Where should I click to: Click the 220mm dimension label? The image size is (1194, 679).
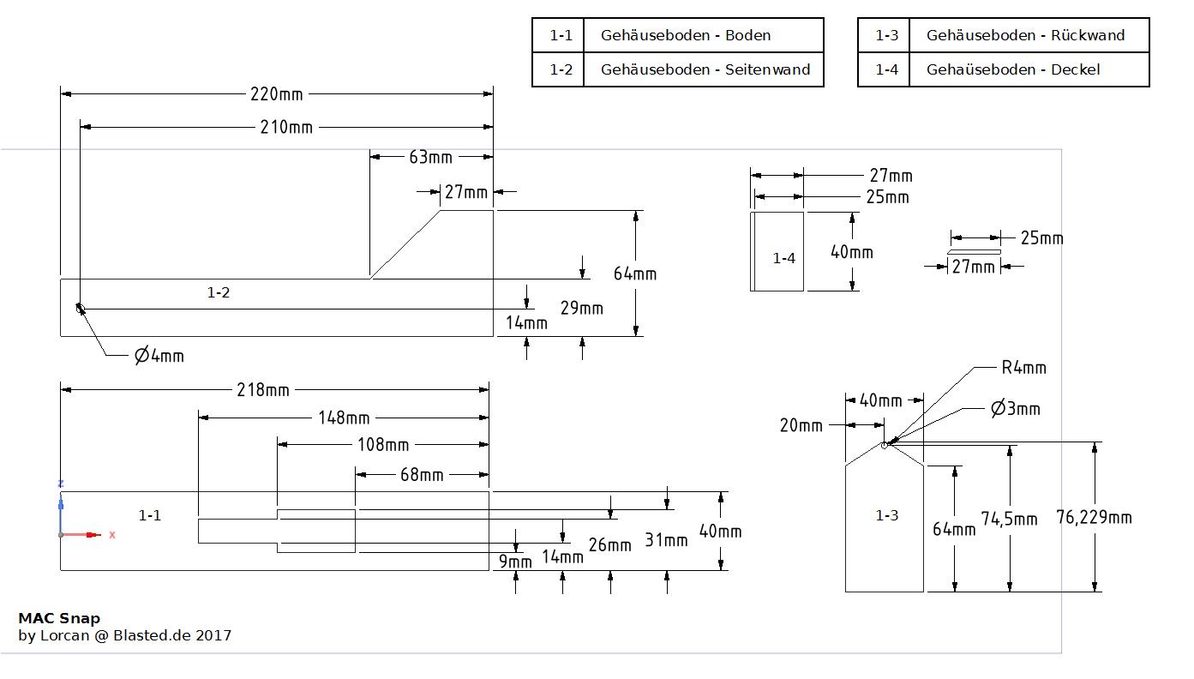pyautogui.click(x=276, y=93)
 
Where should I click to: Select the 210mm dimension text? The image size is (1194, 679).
pyautogui.click(x=286, y=128)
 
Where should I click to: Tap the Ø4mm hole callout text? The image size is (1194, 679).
pyautogui.click(x=159, y=355)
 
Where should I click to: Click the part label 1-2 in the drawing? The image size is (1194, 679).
pyautogui.click(x=219, y=293)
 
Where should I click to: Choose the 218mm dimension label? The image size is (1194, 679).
pyautogui.click(x=263, y=390)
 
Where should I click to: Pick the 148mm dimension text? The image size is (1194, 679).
pyautogui.click(x=344, y=418)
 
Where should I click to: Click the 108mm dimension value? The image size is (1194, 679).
pyautogui.click(x=383, y=445)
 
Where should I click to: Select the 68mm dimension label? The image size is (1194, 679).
pyautogui.click(x=422, y=475)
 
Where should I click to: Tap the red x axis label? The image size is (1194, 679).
pyautogui.click(x=112, y=535)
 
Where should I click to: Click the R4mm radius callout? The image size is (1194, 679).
pyautogui.click(x=1023, y=368)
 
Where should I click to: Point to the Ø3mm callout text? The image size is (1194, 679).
pyautogui.click(x=1015, y=409)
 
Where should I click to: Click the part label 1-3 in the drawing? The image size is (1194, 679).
pyautogui.click(x=886, y=515)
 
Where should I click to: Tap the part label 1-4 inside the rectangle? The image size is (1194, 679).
pyautogui.click(x=784, y=258)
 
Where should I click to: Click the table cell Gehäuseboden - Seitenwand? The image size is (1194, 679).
pyautogui.click(x=705, y=69)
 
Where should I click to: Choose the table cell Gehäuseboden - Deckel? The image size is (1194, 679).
pyautogui.click(x=1012, y=69)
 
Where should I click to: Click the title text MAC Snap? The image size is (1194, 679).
pyautogui.click(x=59, y=618)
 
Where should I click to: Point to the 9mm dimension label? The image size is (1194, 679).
pyautogui.click(x=515, y=562)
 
